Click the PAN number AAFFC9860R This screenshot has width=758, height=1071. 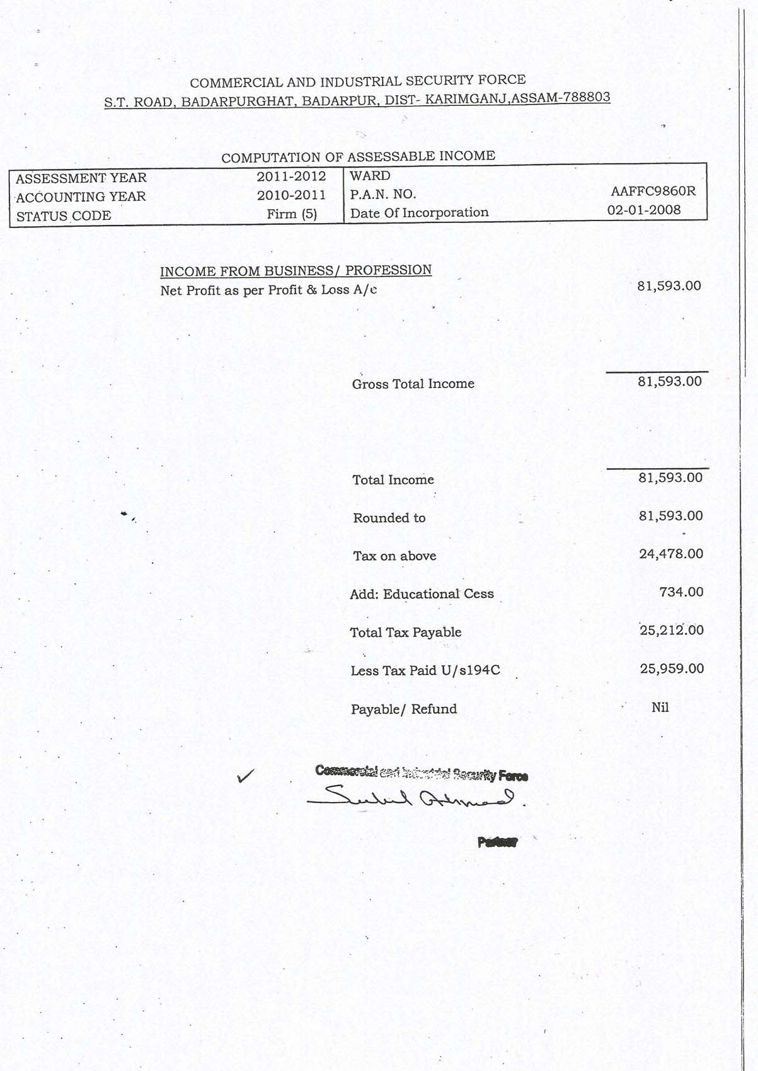(653, 191)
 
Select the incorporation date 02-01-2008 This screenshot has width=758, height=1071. (643, 210)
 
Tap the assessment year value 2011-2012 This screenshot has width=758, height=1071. (291, 176)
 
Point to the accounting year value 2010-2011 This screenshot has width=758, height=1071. (291, 195)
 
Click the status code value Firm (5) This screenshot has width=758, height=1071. (292, 214)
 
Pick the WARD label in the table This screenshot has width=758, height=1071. (370, 176)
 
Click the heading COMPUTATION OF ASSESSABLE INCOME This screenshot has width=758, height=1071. (358, 156)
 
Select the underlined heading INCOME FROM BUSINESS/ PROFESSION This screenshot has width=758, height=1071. (296, 271)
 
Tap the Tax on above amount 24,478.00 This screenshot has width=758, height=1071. (670, 554)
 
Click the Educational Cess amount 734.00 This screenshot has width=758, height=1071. (681, 592)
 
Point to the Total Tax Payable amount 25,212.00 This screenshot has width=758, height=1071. (671, 630)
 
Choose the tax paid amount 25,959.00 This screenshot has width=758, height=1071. (672, 668)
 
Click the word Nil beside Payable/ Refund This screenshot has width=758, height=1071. (660, 707)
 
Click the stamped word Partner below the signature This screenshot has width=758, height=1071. (497, 842)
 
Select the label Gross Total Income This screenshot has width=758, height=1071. (413, 384)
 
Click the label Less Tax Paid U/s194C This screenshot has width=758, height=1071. (425, 670)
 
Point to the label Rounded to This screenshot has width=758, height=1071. (389, 518)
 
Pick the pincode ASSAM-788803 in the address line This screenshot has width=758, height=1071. (561, 98)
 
